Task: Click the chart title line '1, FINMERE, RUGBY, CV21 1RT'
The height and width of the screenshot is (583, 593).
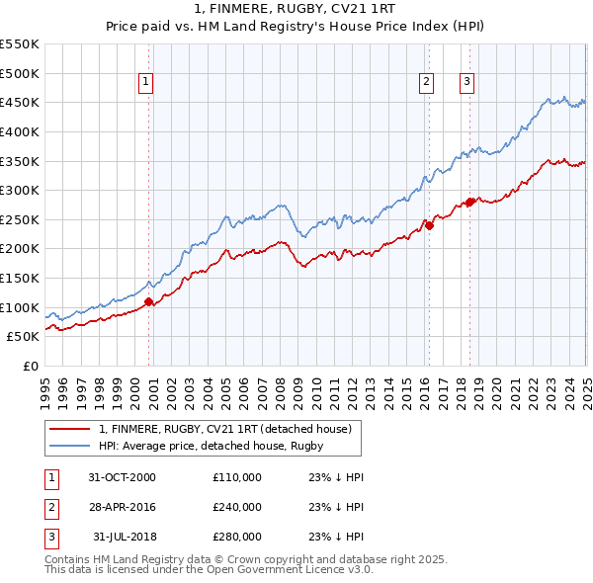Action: coord(296,9)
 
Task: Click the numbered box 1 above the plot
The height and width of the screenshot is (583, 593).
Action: coord(145,83)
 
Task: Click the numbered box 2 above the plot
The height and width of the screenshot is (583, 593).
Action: coord(426,83)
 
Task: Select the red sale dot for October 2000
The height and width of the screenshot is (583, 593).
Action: coord(149,301)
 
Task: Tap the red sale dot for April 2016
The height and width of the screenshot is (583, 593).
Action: coord(429,225)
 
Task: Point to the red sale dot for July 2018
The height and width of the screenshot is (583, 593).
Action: coord(469,202)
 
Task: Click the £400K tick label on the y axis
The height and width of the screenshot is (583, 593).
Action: coord(21,131)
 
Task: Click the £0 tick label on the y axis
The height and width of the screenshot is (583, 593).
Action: coord(30,366)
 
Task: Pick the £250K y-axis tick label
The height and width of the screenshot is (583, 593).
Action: coord(21,219)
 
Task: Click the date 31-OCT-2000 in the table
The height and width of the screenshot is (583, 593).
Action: coord(122,476)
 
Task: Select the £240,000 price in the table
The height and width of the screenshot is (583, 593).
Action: coord(237,507)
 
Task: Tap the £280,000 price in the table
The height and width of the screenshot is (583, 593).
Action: coord(237,538)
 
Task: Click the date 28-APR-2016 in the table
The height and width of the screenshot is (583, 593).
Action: coord(122,507)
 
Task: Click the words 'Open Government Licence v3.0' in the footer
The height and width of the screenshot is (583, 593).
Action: coord(296,569)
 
